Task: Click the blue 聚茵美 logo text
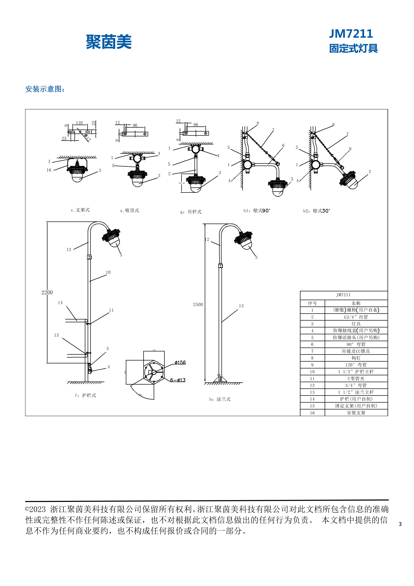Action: tap(109, 42)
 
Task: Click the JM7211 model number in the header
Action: tap(351, 34)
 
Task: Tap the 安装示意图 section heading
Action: tap(45, 89)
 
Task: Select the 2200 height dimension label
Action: tap(47, 292)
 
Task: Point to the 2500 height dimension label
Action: tap(198, 305)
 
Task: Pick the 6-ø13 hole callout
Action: tap(178, 380)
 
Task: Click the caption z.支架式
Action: tap(80, 210)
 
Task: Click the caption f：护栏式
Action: tap(85, 395)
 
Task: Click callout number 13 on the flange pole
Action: tap(241, 306)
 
